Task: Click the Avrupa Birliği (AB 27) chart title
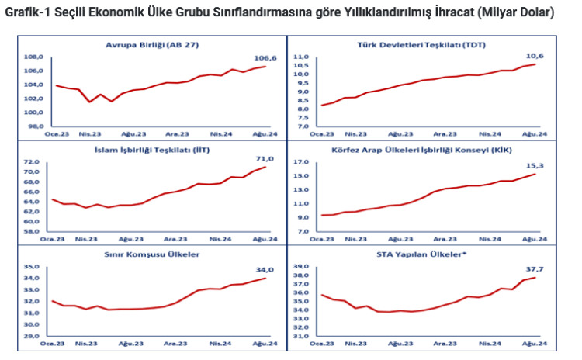coord(152,45)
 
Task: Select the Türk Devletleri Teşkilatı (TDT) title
coord(430,45)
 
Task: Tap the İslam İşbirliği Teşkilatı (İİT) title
coord(152,149)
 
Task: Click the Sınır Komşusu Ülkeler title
coord(152,254)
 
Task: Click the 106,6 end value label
coord(265,58)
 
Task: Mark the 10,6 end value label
coord(535,56)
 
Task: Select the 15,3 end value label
coord(535,165)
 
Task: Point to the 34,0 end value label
coord(265,270)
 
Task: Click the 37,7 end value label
coord(535,269)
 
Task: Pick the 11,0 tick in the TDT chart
coord(301,57)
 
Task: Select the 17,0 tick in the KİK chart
coord(301,162)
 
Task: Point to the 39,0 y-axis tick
coord(301,267)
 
